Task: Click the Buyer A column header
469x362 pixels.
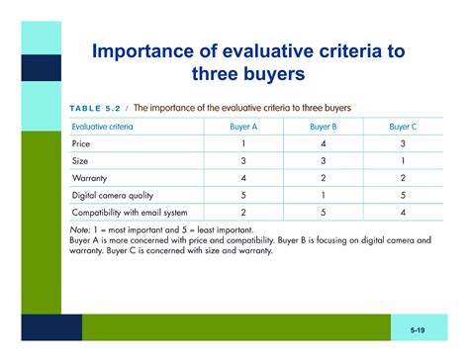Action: (x=243, y=128)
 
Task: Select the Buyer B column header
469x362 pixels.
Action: (x=324, y=128)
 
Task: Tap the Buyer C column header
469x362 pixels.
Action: (x=402, y=128)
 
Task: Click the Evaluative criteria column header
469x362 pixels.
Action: (x=103, y=128)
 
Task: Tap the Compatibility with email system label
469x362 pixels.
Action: (x=129, y=213)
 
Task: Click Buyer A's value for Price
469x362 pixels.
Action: (x=243, y=144)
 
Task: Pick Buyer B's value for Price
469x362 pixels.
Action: (x=324, y=144)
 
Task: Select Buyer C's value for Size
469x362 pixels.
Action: (x=402, y=161)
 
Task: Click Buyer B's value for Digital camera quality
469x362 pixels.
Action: (x=324, y=196)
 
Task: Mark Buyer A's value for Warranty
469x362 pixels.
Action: (x=243, y=179)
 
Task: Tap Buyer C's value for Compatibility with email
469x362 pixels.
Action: (x=402, y=213)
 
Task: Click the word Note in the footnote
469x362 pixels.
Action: (x=80, y=229)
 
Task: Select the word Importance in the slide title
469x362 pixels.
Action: (x=147, y=51)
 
